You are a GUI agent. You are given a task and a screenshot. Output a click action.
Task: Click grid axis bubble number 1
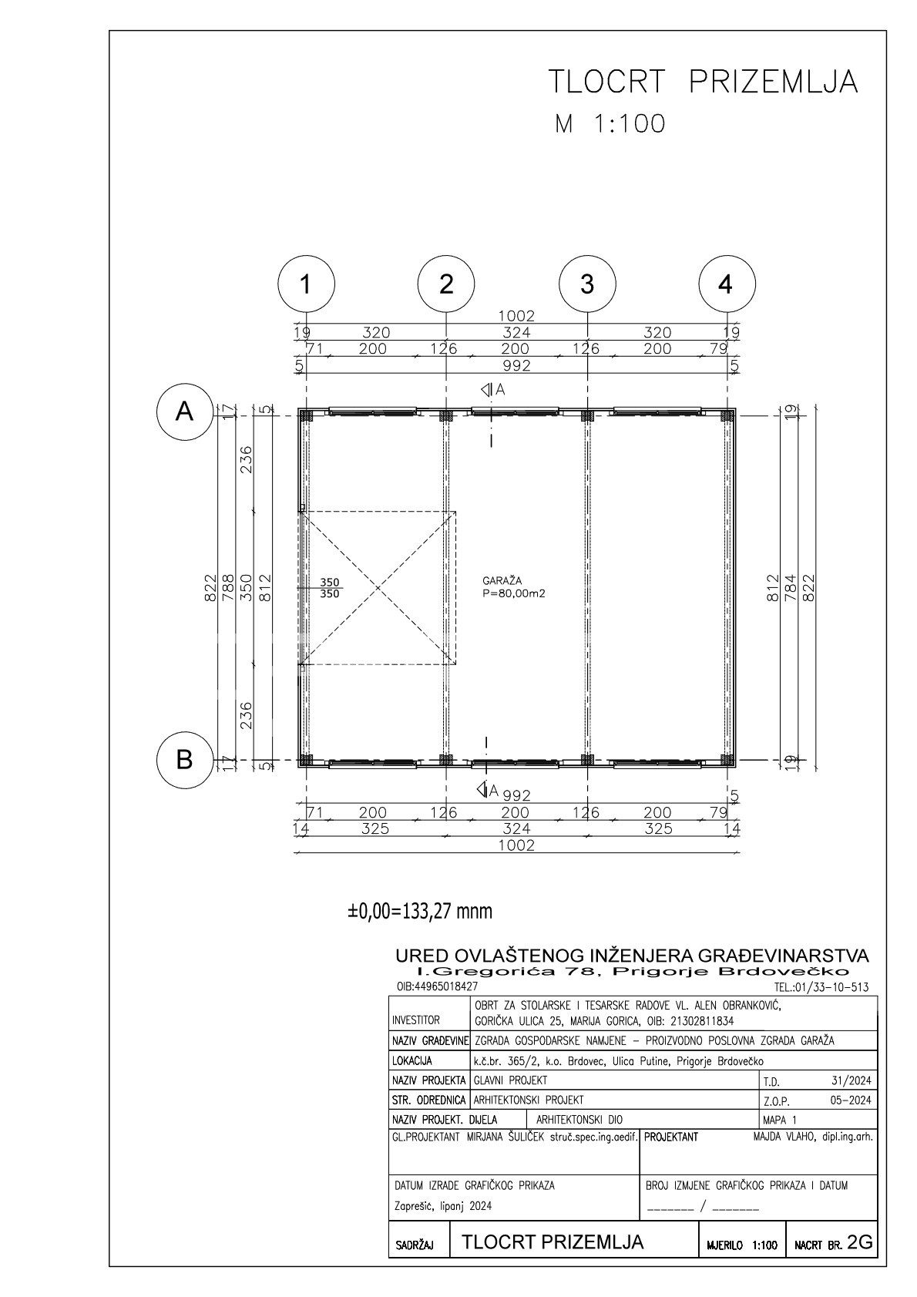(x=306, y=284)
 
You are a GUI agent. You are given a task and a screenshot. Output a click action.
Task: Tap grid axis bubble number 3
(x=587, y=284)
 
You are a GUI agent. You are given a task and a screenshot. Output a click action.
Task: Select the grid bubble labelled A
(x=185, y=412)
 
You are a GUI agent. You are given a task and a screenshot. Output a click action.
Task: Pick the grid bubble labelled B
(x=185, y=759)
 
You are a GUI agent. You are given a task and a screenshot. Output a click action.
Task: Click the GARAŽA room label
(x=502, y=580)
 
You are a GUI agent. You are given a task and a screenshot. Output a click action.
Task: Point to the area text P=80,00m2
(x=514, y=593)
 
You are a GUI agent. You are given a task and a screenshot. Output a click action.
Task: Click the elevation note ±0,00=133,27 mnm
(x=420, y=912)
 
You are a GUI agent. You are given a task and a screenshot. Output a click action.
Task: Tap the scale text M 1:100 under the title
(x=610, y=124)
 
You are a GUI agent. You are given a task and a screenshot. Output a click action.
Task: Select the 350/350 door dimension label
(x=329, y=588)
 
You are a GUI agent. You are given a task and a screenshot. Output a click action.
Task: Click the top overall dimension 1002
(x=516, y=316)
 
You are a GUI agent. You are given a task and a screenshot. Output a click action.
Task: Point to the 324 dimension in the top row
(x=516, y=332)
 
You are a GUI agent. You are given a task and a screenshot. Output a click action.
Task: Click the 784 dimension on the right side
(x=791, y=588)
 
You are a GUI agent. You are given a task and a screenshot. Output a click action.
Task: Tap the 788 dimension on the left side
(x=228, y=588)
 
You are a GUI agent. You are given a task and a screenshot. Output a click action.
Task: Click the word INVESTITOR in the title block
(x=415, y=1037)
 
